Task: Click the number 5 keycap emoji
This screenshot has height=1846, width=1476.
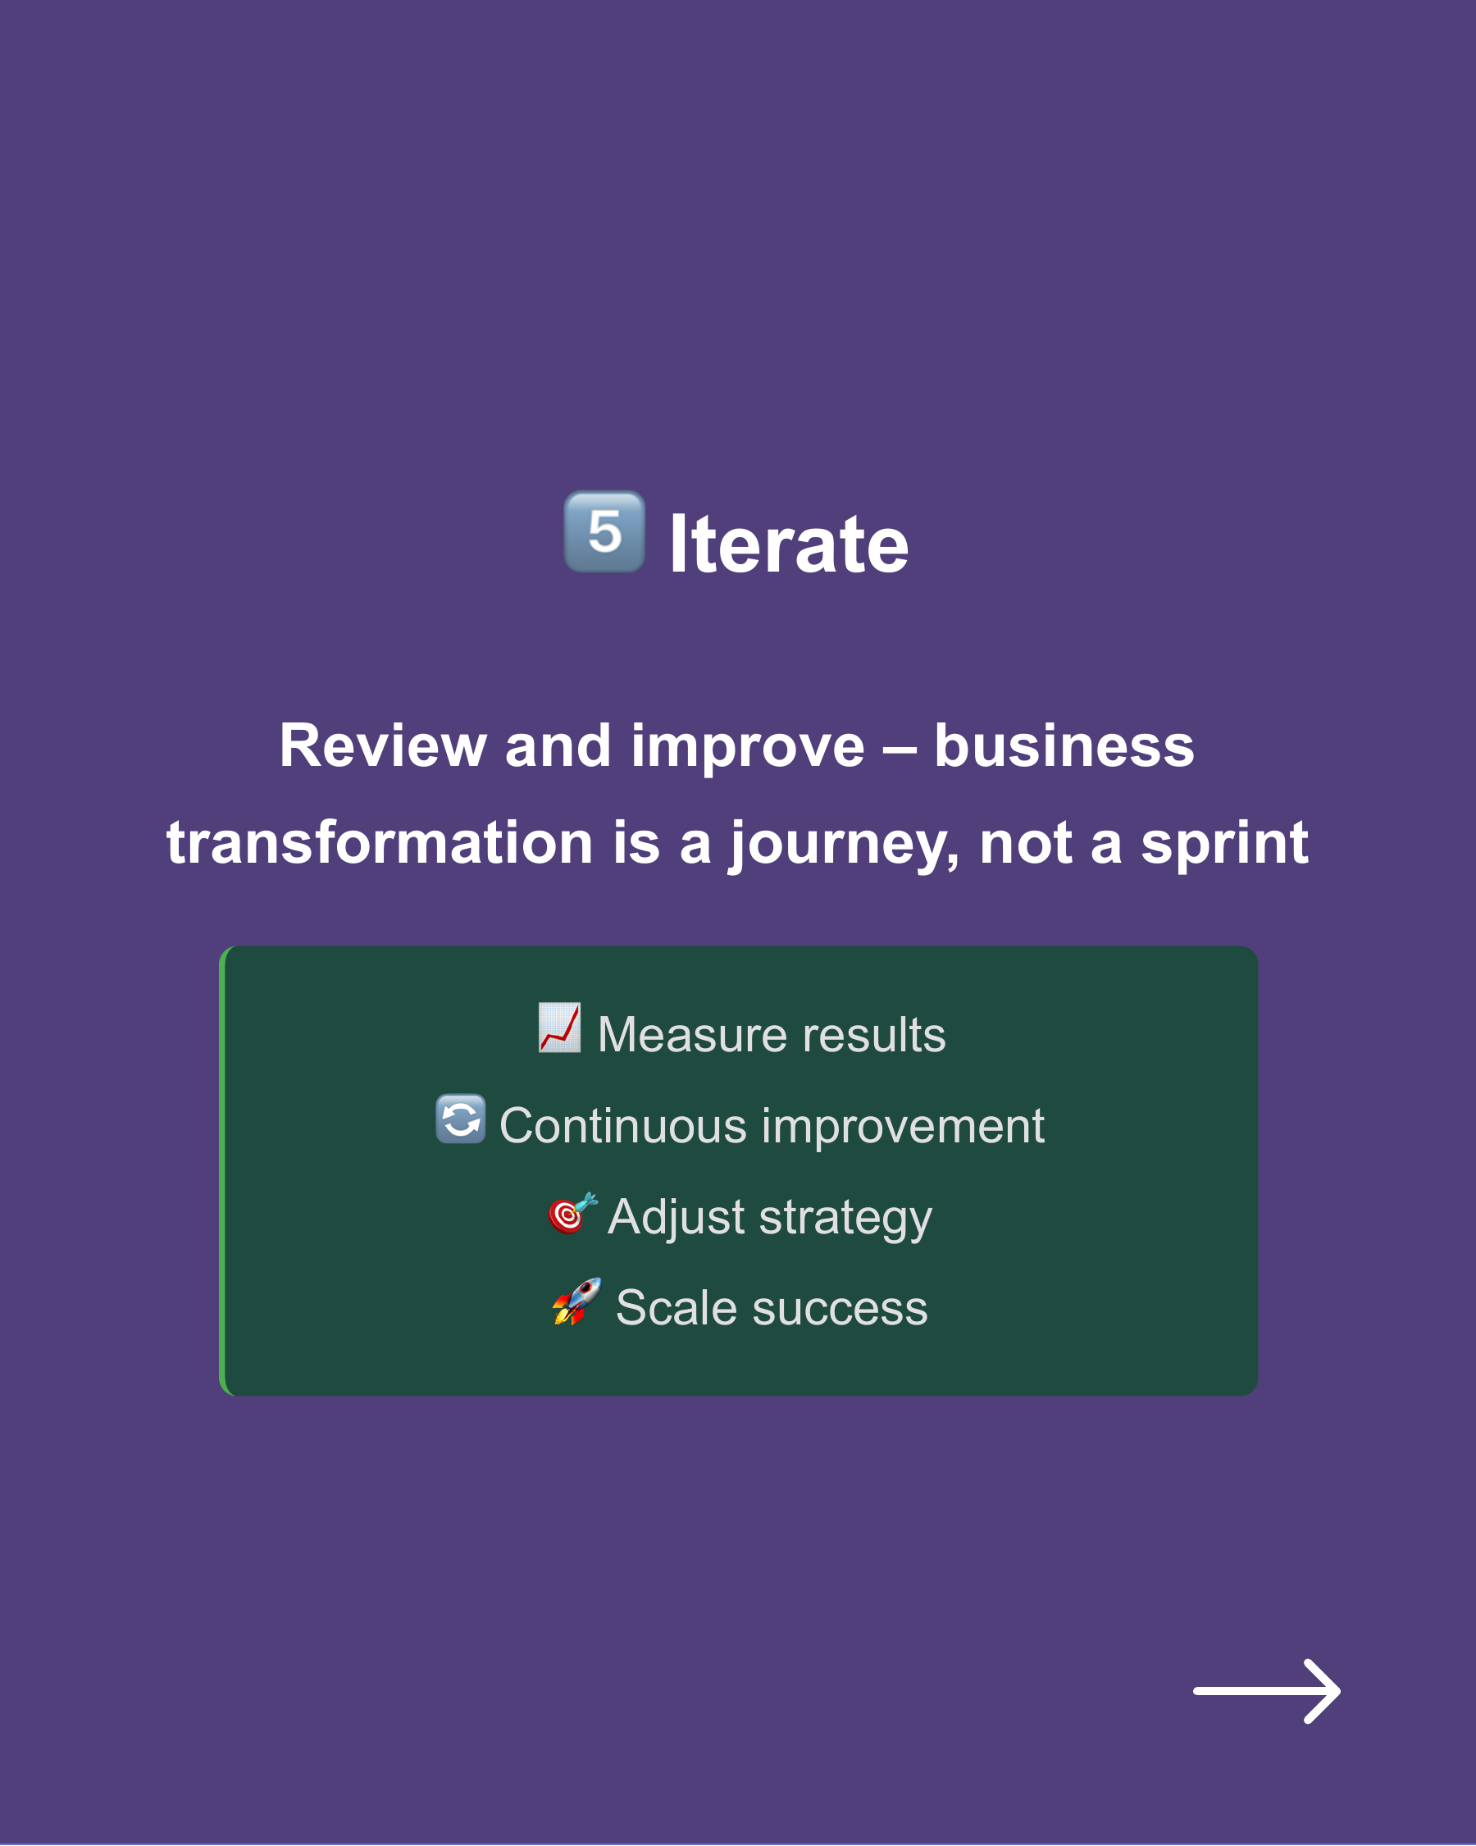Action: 604,531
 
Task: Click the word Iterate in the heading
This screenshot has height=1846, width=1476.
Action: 788,545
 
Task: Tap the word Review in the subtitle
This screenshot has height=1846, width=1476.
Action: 383,745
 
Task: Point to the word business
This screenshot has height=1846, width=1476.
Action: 1064,745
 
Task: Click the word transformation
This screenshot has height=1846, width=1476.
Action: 380,842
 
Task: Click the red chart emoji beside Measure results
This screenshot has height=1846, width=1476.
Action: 560,1028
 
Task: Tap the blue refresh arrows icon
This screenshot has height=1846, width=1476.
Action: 461,1119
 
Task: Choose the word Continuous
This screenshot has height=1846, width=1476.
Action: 622,1126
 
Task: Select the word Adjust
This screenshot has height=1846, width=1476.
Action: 676,1217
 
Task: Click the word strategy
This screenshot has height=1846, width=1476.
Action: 846,1219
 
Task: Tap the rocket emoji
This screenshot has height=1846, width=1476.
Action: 576,1302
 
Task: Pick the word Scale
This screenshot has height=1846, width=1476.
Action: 676,1308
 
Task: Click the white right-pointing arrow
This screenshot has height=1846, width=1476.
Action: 1266,1691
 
